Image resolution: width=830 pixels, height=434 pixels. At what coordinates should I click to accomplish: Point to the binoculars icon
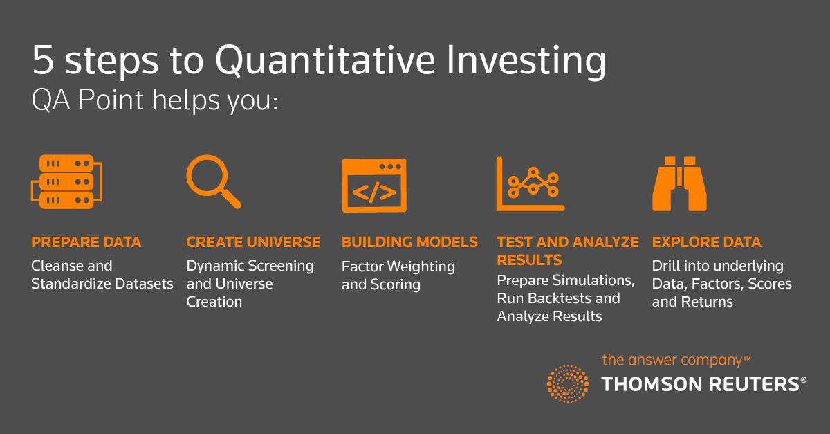pos(679,183)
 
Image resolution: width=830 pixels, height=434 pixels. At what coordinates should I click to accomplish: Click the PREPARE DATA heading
pos(86,242)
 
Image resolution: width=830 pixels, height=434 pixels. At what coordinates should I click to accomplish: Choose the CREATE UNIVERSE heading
pos(253,242)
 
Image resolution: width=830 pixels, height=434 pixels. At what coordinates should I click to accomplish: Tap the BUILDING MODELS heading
pos(409,242)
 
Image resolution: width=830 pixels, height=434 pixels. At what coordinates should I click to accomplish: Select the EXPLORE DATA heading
pos(706,242)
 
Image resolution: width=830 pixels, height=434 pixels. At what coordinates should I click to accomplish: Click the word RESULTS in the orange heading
pos(529,260)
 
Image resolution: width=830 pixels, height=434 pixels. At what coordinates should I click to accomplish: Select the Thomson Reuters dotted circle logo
pos(568,383)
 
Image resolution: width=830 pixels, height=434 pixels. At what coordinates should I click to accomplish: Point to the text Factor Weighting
pos(398,266)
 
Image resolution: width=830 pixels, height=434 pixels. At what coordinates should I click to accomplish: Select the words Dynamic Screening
pos(250,266)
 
